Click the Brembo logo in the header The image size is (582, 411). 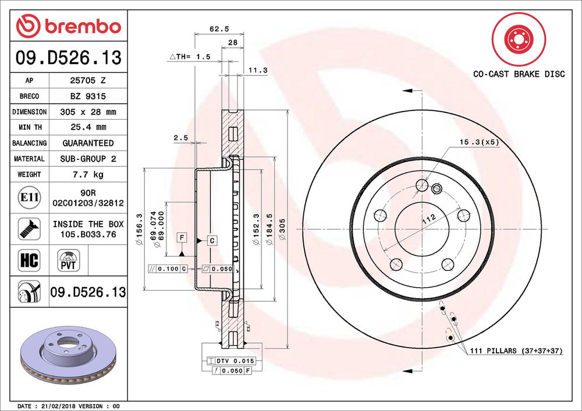tap(69, 26)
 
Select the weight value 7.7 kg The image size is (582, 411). tap(88, 174)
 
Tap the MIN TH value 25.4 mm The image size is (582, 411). tap(88, 127)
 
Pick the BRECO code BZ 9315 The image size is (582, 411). tap(88, 96)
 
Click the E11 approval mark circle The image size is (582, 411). tap(29, 197)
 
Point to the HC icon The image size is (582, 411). tap(29, 260)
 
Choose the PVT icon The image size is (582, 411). tap(68, 260)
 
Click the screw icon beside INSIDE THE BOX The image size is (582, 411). tap(29, 228)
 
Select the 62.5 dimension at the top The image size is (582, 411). tap(219, 29)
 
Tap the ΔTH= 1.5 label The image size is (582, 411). tap(190, 57)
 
